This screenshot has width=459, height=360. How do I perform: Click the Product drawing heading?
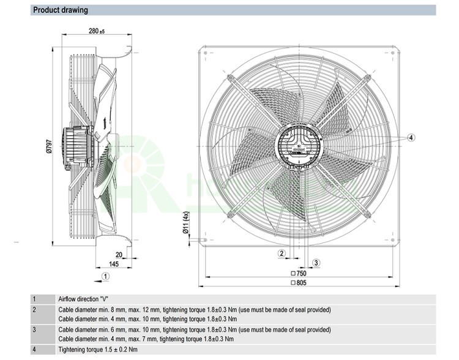tap(60, 10)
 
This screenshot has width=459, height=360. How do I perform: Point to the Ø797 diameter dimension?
tap(50, 147)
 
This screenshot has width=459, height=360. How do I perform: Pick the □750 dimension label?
tap(299, 274)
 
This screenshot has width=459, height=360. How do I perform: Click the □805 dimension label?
tap(299, 283)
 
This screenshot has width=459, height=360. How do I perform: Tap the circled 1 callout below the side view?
tap(106, 276)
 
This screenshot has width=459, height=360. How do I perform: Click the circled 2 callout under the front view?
tap(282, 253)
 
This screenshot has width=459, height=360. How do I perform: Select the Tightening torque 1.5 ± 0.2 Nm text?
tap(98, 350)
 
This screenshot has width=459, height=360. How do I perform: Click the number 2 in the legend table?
tap(34, 310)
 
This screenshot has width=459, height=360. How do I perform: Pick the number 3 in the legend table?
tap(34, 329)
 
